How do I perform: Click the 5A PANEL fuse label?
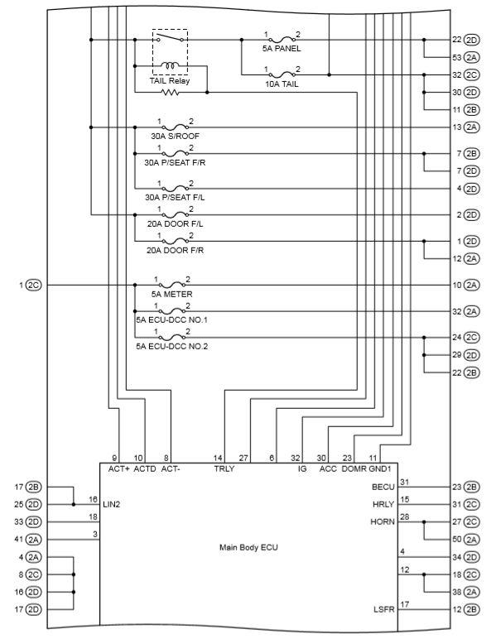282,49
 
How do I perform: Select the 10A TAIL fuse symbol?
282,74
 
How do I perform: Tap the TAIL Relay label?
170,80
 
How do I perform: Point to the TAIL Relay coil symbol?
170,65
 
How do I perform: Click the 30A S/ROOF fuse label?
176,136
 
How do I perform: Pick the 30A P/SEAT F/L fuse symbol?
176,188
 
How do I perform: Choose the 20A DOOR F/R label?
176,250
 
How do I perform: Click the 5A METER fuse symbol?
172,285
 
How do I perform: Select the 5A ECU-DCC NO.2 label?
172,346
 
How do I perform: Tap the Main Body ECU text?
248,547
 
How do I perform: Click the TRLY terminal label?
224,468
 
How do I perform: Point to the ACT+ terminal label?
118,468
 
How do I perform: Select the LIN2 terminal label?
112,505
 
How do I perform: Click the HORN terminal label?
383,522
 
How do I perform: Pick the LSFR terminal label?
384,610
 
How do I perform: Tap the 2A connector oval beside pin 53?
471,57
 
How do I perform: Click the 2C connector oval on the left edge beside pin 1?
34,285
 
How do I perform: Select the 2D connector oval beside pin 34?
471,557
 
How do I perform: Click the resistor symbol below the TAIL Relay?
171,93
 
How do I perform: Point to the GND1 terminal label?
380,468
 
